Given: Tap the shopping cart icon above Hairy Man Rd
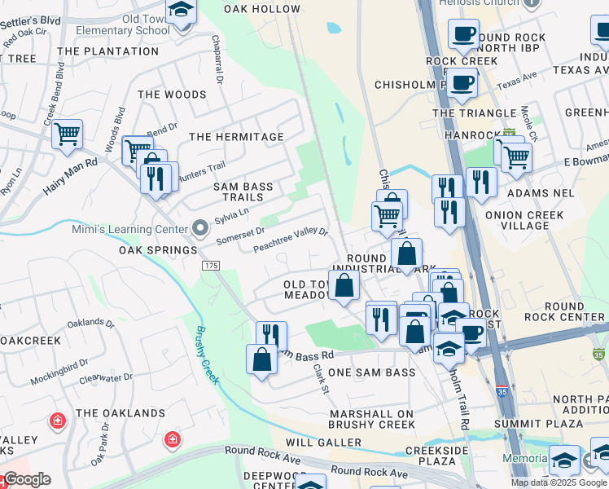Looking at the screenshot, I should coord(67,133).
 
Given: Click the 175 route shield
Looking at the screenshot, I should coord(212,267).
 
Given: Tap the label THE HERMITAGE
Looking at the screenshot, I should coord(236,137).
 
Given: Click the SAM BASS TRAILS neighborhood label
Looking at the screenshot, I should coord(243,192).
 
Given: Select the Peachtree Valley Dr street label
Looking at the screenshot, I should coord(291,240).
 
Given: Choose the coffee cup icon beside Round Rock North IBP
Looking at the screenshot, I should coord(463,34).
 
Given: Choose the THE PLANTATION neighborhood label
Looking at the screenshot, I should coord(108,51).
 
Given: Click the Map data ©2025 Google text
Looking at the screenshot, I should coord(559,482).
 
